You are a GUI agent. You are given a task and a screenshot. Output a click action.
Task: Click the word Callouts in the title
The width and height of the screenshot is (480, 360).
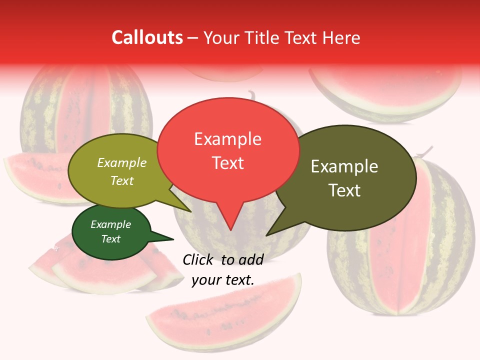coord(147,37)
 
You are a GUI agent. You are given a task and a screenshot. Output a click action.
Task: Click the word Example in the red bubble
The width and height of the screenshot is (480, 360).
coord(227,138)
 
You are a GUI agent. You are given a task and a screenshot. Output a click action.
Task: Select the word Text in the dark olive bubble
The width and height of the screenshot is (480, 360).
coord(344,190)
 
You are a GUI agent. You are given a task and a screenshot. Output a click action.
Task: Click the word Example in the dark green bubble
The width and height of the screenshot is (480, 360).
coord(110,224)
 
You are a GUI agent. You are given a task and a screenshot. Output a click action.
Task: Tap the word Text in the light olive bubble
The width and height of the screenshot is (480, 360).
coord(121,180)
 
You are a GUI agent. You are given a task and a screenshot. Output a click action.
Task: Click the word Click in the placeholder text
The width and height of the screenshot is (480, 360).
coord(198,259)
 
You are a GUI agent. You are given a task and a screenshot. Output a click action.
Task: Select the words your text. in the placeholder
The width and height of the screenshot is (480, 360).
coord(222,280)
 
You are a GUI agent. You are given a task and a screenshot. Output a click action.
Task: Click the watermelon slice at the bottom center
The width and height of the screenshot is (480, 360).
coord(225,310)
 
